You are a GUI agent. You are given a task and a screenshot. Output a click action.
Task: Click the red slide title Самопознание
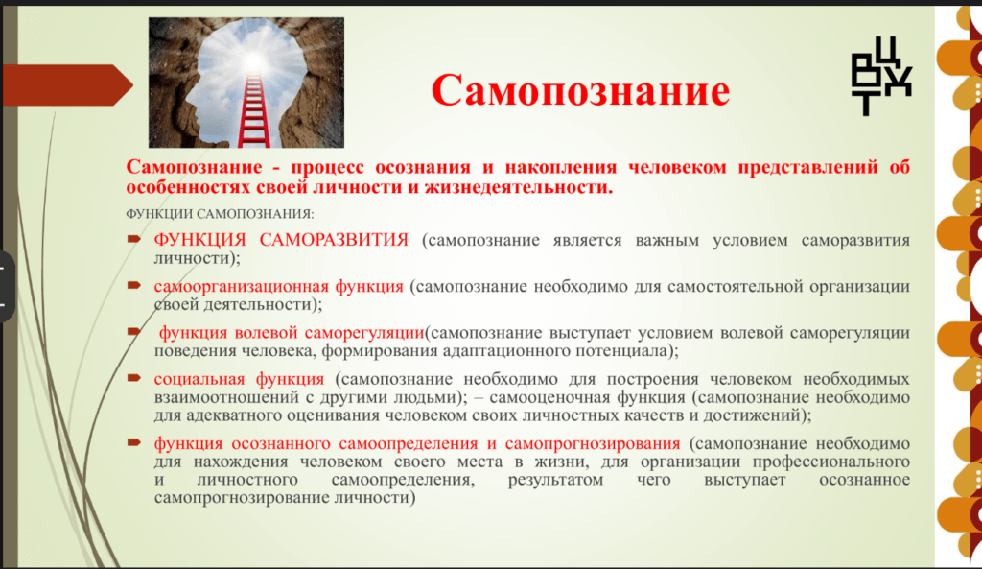[580, 90]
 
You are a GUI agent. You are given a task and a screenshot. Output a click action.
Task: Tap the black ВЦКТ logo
[880, 76]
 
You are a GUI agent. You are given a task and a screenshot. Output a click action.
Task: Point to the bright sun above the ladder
[253, 60]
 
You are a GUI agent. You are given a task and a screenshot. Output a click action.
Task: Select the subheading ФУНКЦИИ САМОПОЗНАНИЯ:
[220, 214]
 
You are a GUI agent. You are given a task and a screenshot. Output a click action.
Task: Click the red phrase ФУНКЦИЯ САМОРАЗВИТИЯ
[281, 239]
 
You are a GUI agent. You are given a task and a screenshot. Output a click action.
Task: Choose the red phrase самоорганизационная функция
[279, 286]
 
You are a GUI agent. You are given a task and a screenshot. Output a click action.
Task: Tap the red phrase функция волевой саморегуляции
[292, 333]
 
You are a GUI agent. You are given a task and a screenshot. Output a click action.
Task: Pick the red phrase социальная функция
[239, 378]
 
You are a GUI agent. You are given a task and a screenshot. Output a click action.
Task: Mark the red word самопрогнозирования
[593, 443]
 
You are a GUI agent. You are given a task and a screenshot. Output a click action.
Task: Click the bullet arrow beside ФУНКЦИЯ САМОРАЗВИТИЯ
[133, 239]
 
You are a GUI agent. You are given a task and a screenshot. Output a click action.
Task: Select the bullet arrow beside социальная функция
[133, 378]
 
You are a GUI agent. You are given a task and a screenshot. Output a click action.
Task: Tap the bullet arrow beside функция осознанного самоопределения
[133, 442]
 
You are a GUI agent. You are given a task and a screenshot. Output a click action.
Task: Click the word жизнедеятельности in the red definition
[519, 187]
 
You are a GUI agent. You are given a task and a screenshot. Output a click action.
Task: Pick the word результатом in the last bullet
[555, 480]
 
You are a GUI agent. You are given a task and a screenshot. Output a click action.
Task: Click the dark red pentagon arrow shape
[68, 84]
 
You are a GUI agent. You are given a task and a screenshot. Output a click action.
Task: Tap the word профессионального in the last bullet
[831, 462]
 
